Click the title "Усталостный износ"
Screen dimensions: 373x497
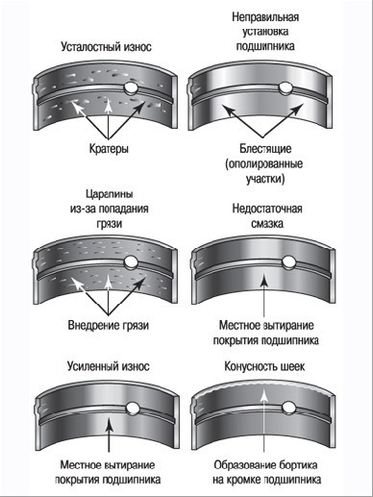pyautogui.click(x=106, y=47)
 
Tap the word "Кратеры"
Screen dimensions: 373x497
pyautogui.click(x=109, y=149)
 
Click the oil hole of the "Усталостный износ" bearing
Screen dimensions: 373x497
pyautogui.click(x=131, y=87)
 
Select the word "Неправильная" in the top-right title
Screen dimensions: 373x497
pyautogui.click(x=265, y=16)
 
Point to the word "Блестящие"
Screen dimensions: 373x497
pyautogui.click(x=265, y=149)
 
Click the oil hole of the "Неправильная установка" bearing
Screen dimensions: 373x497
pyautogui.click(x=285, y=87)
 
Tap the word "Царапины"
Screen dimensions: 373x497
pyautogui.click(x=110, y=194)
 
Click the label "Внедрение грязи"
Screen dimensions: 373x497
pyautogui.click(x=109, y=325)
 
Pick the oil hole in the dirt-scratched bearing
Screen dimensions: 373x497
pyautogui.click(x=131, y=261)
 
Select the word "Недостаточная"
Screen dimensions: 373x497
pyautogui.click(x=267, y=209)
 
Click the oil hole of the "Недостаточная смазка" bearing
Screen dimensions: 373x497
pyautogui.click(x=288, y=261)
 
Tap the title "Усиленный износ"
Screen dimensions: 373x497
pyautogui.click(x=109, y=366)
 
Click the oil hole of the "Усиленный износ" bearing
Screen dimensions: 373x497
pyautogui.click(x=132, y=408)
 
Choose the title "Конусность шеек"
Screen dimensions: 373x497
pyautogui.click(x=264, y=366)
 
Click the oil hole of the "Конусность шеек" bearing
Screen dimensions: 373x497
pyautogui.click(x=288, y=408)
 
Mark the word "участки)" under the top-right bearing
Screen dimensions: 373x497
pyautogui.click(x=265, y=179)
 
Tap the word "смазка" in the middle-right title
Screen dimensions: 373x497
pyautogui.click(x=267, y=224)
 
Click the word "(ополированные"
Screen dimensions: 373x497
pyautogui.click(x=264, y=163)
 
